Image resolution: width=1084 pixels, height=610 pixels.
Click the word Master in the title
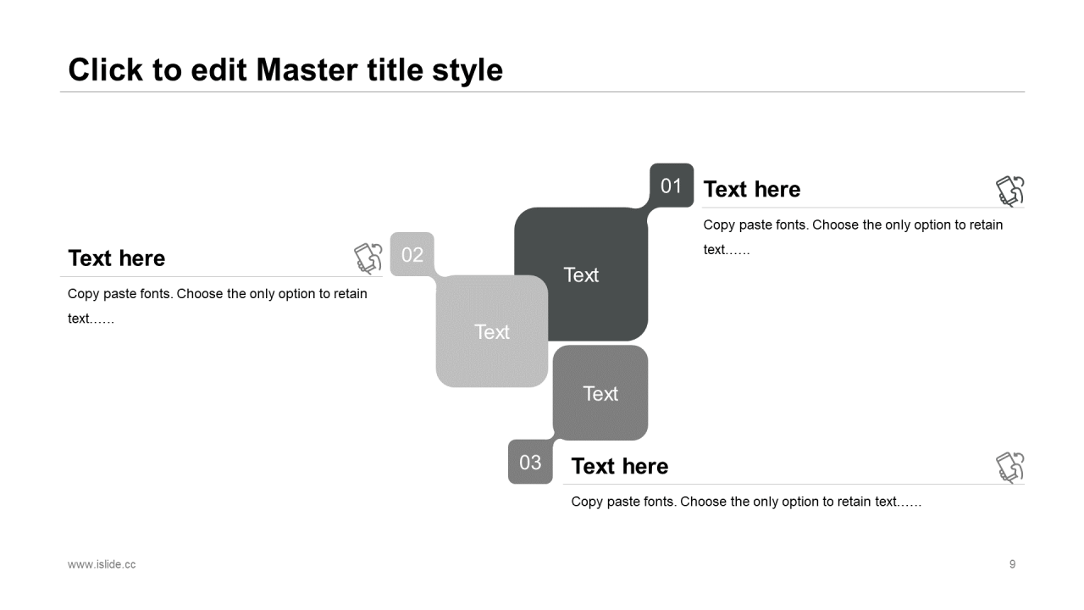tap(307, 69)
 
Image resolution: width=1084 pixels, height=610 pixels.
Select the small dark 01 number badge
tap(672, 186)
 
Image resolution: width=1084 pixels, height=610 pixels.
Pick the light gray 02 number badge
tap(412, 254)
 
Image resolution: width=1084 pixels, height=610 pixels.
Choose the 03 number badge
tap(530, 462)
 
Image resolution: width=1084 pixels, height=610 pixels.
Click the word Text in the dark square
tap(581, 275)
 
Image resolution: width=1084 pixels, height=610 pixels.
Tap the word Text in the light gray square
tap(492, 332)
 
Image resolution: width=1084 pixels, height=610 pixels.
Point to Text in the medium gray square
tap(600, 394)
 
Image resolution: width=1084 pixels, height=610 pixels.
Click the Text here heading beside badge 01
tap(751, 189)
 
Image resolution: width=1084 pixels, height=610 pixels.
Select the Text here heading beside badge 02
tap(117, 258)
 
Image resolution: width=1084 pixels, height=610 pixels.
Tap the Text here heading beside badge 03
tap(620, 466)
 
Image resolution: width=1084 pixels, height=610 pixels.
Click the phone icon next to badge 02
tap(368, 258)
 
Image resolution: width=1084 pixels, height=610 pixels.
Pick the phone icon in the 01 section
tap(1010, 191)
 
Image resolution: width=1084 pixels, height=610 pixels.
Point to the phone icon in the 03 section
tap(1010, 467)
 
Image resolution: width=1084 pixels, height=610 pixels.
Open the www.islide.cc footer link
tap(102, 564)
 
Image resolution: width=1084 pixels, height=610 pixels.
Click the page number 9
tap(1012, 564)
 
